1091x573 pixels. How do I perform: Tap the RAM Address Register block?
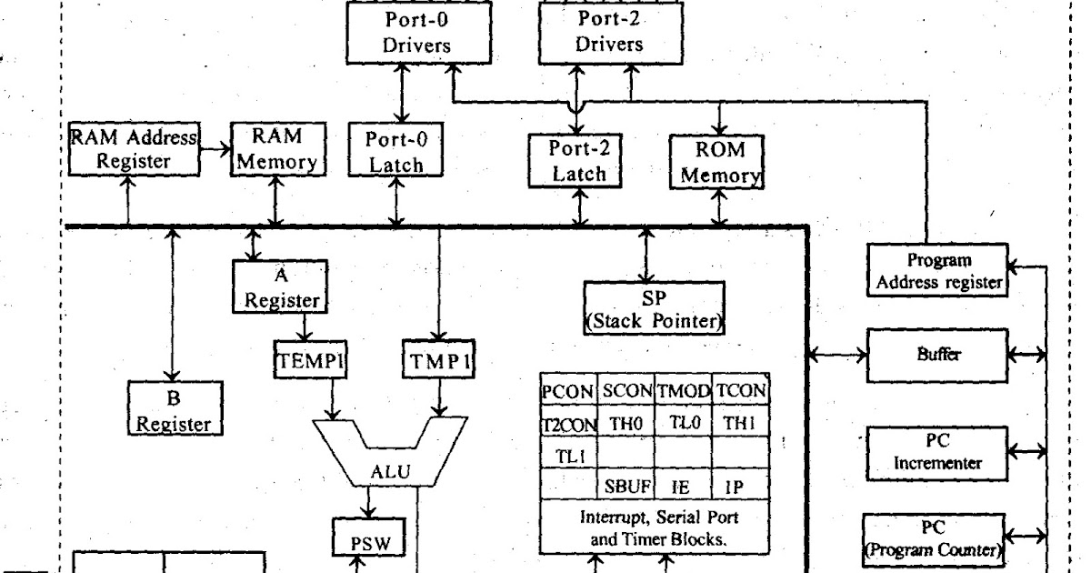click(x=133, y=149)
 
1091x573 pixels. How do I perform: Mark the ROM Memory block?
click(x=720, y=161)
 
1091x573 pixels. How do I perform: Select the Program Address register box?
click(x=936, y=270)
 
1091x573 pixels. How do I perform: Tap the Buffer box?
click(x=936, y=356)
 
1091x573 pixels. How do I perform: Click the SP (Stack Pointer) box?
click(x=654, y=307)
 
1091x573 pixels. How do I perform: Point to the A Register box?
click(x=280, y=287)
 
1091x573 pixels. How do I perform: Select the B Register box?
click(x=175, y=409)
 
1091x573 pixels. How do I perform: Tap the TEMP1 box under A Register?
click(x=310, y=361)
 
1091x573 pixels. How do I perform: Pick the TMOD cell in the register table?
click(x=682, y=390)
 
